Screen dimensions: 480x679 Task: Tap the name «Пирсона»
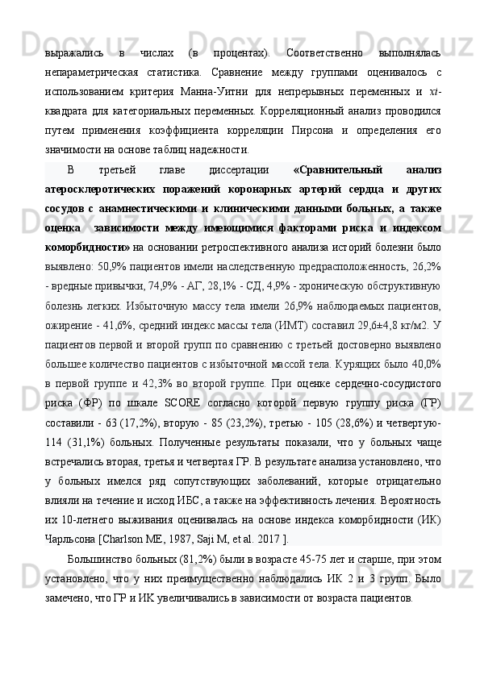tap(336, 131)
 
